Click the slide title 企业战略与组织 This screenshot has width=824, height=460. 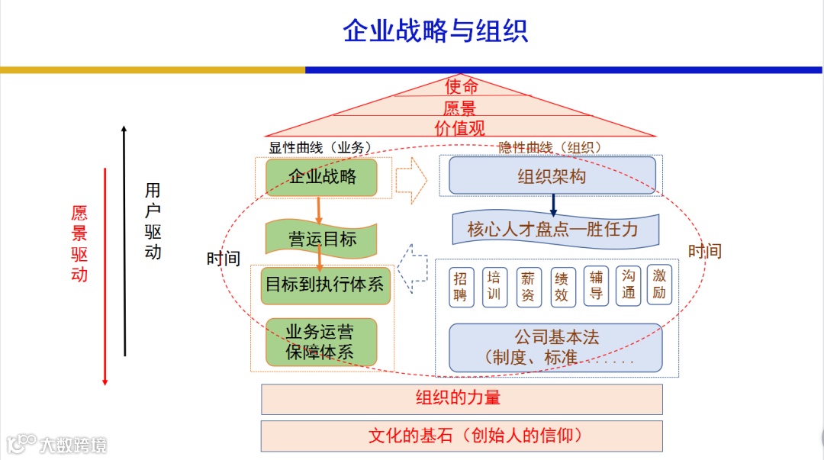pyautogui.click(x=435, y=31)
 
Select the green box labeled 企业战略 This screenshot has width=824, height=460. pyautogui.click(x=322, y=177)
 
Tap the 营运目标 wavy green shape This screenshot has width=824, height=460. pyautogui.click(x=322, y=239)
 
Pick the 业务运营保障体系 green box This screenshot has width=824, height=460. pyautogui.click(x=320, y=342)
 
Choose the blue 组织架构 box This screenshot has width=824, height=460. pyautogui.click(x=552, y=176)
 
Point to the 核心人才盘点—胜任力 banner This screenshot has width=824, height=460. pyautogui.click(x=552, y=229)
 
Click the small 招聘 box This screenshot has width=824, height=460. pyautogui.click(x=460, y=287)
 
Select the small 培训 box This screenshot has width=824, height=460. pyautogui.click(x=494, y=286)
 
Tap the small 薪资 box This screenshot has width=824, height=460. pyautogui.click(x=528, y=287)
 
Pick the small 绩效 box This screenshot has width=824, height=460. pyautogui.click(x=562, y=287)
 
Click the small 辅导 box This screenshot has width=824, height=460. pyautogui.click(x=596, y=286)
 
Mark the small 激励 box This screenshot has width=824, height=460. pyautogui.click(x=659, y=285)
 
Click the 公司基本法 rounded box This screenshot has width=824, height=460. pyautogui.click(x=555, y=347)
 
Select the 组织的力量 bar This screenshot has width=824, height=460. pyautogui.click(x=462, y=398)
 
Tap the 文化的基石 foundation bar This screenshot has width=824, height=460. pyautogui.click(x=462, y=436)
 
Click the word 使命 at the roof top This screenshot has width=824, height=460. pyautogui.click(x=462, y=86)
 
